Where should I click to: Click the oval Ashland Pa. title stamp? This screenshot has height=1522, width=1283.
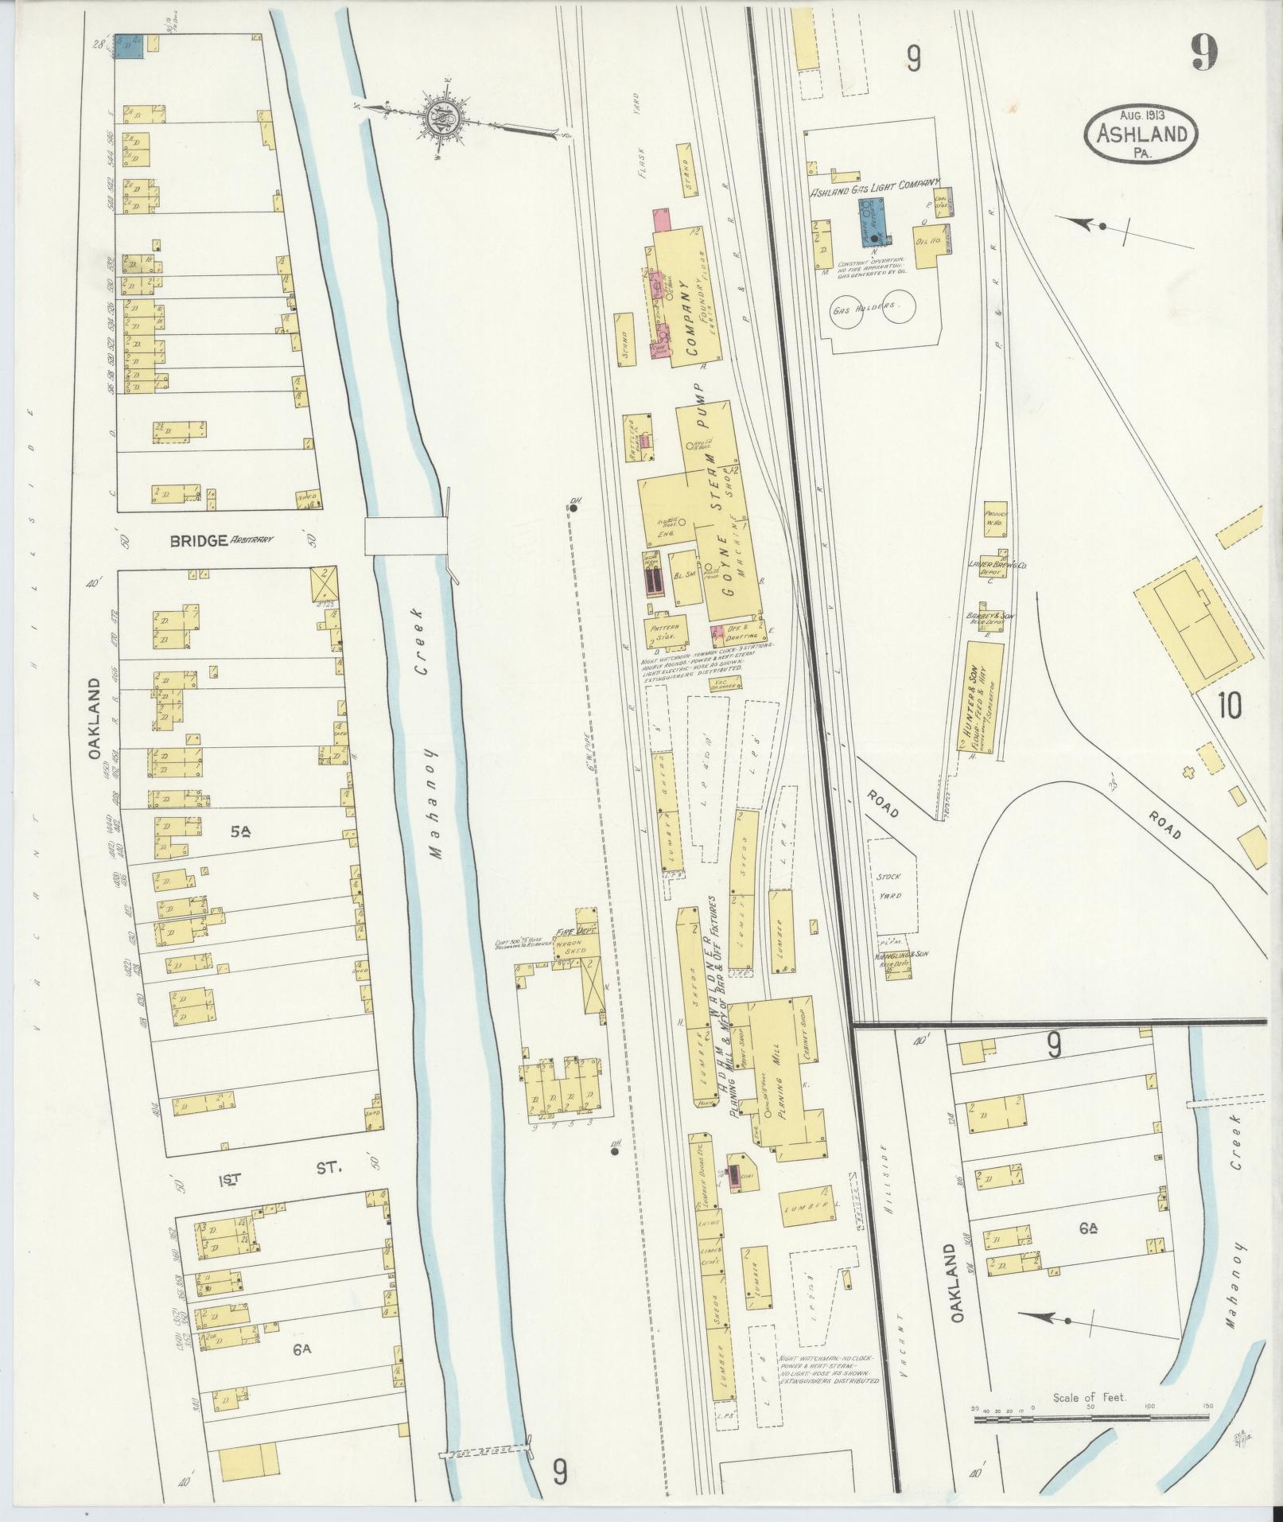pos(1139,134)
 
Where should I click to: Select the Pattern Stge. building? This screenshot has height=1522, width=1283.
pos(666,632)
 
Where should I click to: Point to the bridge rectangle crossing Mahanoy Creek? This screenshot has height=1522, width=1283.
pos(405,535)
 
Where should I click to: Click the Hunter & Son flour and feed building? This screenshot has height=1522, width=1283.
pos(979,698)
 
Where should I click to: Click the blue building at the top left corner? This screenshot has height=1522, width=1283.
pos(129,45)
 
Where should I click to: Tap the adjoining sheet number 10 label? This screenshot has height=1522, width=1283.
pos(1228,705)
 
